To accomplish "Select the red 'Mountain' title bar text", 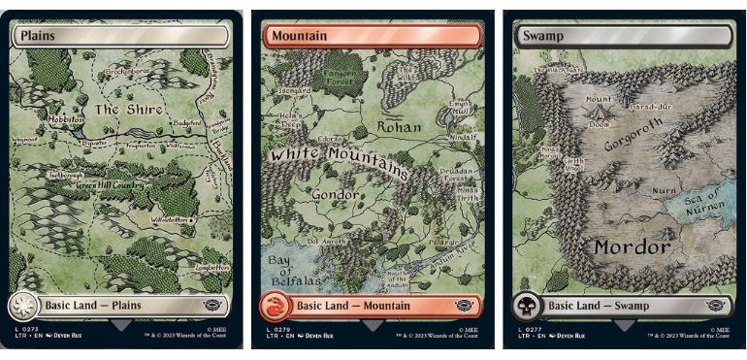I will (299, 36).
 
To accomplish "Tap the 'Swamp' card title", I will (541, 36).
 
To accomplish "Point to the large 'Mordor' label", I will (632, 247).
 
